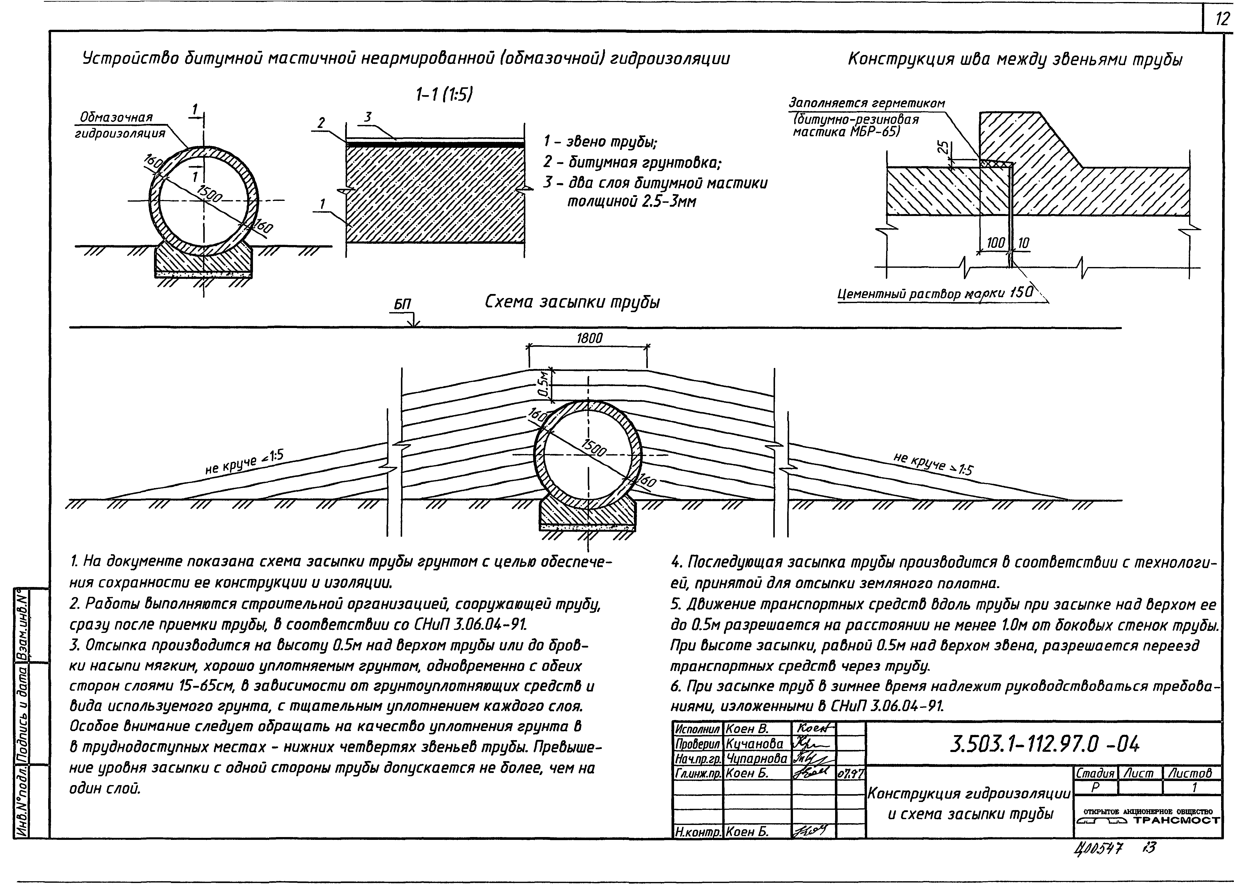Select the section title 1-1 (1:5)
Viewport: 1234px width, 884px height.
pos(443,95)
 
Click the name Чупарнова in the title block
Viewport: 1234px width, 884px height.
pos(756,758)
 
